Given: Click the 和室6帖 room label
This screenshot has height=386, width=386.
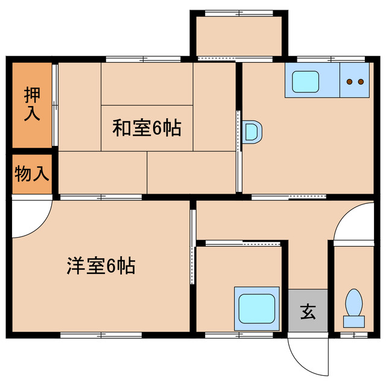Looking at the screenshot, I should pyautogui.click(x=147, y=128).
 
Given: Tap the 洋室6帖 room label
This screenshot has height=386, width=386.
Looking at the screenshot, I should pyautogui.click(x=101, y=266).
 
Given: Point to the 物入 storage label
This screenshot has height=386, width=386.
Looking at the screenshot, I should pyautogui.click(x=31, y=175).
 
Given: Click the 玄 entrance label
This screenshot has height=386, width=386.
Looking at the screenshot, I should pyautogui.click(x=308, y=312).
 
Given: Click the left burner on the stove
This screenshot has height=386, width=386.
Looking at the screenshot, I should pyautogui.click(x=350, y=81).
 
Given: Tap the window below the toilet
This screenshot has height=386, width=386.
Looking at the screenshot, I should pyautogui.click(x=353, y=335).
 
